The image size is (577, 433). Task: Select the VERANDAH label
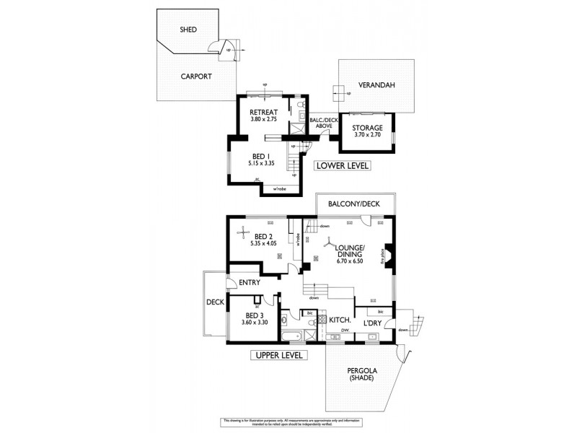(378, 84)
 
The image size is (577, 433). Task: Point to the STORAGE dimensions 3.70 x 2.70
(367, 135)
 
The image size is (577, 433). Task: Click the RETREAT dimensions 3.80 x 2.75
(263, 119)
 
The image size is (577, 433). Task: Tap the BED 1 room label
(263, 155)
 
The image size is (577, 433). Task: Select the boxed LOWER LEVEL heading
(343, 166)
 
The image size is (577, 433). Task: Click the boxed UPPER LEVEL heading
(279, 355)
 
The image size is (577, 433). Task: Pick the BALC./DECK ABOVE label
(320, 123)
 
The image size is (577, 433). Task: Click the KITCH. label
(340, 320)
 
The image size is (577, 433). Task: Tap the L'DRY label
(372, 323)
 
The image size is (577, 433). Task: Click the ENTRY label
(249, 282)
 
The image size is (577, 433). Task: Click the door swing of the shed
(216, 48)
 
